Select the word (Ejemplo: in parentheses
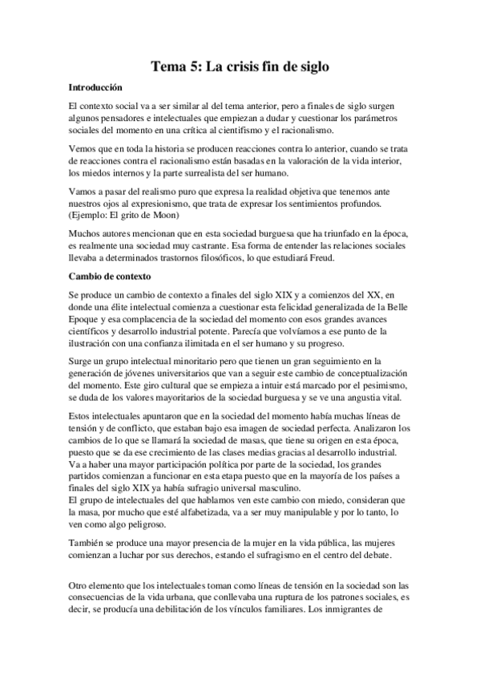click(92, 216)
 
